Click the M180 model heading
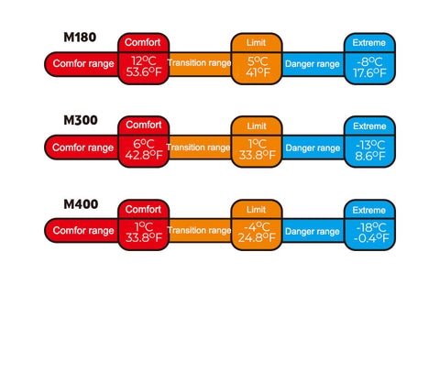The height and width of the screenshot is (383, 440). tap(80, 38)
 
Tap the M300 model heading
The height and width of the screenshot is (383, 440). tap(81, 120)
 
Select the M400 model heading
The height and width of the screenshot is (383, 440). tap(81, 204)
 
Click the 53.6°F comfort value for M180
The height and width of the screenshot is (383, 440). tap(144, 72)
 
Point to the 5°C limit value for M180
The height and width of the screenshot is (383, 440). tap(258, 61)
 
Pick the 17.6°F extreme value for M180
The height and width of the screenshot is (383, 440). tap(369, 73)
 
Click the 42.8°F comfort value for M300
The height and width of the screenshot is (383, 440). tap(144, 155)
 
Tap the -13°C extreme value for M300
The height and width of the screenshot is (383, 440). tap(370, 145)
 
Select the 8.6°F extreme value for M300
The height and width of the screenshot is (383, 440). tap(369, 157)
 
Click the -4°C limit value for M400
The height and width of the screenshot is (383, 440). tap(257, 226)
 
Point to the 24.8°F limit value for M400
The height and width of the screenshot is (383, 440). tap(257, 237)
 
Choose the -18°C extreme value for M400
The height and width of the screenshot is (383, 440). tap(371, 227)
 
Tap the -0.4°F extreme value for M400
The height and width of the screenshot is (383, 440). tap(371, 238)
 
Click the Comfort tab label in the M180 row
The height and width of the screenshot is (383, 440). tap(143, 42)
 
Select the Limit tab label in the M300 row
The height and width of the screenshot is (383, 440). tap(257, 126)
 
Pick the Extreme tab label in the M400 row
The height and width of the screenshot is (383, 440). tap(369, 210)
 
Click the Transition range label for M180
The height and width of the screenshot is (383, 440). tap(199, 63)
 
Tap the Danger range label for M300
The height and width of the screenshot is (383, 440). tap(313, 148)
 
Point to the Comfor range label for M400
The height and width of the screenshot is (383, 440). tap(83, 230)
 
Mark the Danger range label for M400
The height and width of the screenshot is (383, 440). tap(313, 232)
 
